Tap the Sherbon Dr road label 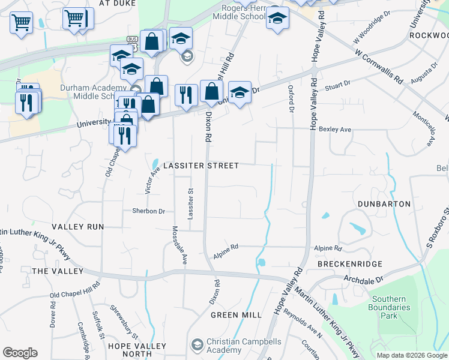(148, 211)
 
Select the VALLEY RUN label (77, 227)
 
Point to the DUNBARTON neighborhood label (384, 204)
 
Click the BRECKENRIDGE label (350, 264)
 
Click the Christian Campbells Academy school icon (197, 345)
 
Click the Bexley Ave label (335, 129)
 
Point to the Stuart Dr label (337, 88)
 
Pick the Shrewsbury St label (124, 317)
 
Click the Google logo (20, 353)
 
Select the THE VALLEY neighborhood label (58, 271)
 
